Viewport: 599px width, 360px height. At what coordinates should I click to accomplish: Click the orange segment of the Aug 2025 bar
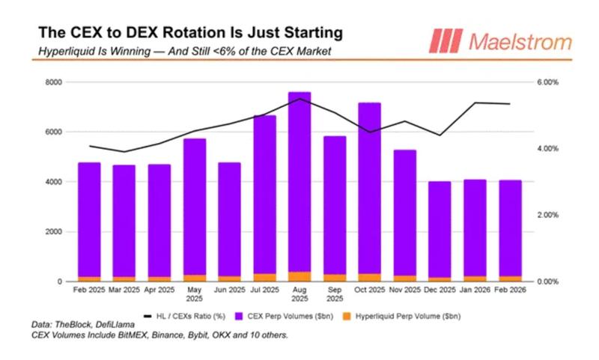[299, 276]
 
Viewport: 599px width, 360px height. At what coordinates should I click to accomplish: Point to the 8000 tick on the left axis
[52, 82]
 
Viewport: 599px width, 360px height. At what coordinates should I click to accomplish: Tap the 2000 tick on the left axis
[52, 231]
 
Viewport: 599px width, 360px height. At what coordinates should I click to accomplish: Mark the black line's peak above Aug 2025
[299, 98]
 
